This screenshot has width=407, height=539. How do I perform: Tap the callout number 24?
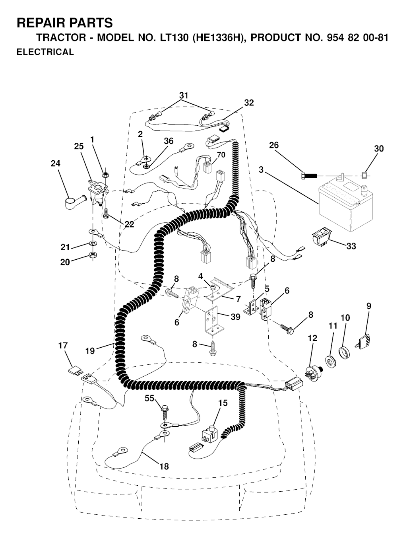tap(55, 163)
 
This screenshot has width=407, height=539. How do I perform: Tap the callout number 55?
tap(150, 398)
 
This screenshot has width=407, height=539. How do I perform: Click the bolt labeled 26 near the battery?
tap(308, 176)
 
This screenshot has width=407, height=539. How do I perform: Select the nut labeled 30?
tap(364, 175)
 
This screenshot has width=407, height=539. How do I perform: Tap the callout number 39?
tap(235, 317)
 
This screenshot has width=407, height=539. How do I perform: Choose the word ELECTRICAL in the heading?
tap(45, 52)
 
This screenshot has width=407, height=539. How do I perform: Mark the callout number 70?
tap(221, 155)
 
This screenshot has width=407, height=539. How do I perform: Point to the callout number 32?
tap(249, 103)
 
